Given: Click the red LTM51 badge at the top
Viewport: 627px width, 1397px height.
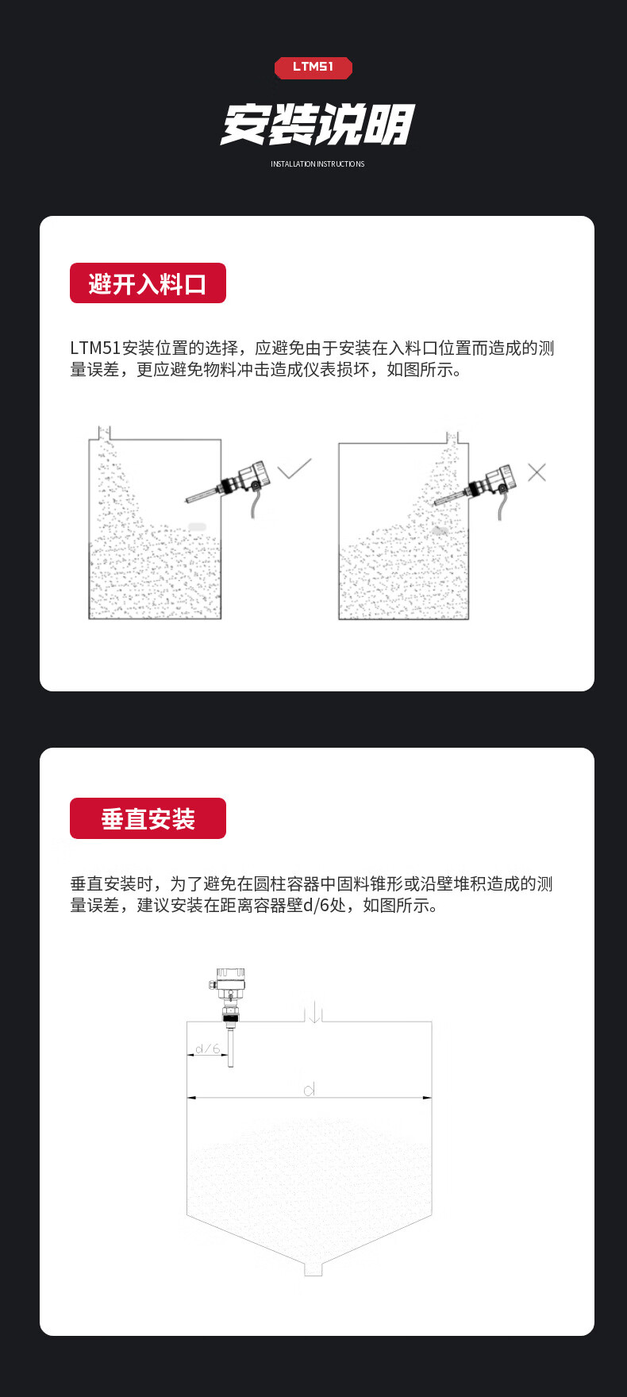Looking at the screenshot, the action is point(313,67).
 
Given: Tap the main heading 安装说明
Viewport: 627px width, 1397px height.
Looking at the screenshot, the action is point(317,125).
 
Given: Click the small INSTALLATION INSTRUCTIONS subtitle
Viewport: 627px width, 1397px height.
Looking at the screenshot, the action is point(317,164).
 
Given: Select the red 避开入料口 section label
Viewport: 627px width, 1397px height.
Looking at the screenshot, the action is point(148,283).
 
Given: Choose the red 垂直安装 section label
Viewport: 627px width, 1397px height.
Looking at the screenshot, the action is point(148,818).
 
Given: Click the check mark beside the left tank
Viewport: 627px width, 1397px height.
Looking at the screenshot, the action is point(294,469).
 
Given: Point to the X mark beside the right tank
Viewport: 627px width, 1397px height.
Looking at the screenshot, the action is point(537,472).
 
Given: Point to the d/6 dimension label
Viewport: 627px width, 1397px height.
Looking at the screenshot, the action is point(207,1049).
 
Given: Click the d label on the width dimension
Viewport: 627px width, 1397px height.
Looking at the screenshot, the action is point(310,1089).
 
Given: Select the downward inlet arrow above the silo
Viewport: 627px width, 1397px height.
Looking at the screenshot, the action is point(314,1012).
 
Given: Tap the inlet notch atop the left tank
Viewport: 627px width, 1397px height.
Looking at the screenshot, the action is point(103,433).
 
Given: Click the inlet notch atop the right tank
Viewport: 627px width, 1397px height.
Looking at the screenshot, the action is point(452,437).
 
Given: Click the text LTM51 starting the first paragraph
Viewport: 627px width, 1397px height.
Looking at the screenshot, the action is point(95,348).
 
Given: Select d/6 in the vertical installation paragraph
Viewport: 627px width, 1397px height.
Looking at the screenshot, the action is point(325,905).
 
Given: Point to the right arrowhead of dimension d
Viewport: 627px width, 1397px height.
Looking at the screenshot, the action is point(428,1098).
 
